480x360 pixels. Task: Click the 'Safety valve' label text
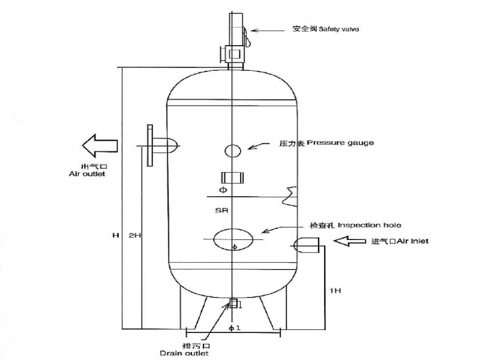pyautogui.click(x=326, y=28)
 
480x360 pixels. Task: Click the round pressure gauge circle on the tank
pyautogui.click(x=233, y=150)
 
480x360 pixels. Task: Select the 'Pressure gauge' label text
pyautogui.click(x=327, y=143)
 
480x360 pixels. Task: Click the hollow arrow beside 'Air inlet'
pyautogui.click(x=349, y=241)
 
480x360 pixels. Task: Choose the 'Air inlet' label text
pyautogui.click(x=400, y=241)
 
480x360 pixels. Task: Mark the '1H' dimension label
pyautogui.click(x=335, y=290)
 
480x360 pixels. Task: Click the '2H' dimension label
pyautogui.click(x=134, y=235)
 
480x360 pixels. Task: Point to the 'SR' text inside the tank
pyautogui.click(x=221, y=211)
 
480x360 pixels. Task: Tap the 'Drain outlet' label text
pyautogui.click(x=184, y=353)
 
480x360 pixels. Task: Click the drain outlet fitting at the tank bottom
pyautogui.click(x=233, y=304)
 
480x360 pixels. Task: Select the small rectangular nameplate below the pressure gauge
pyautogui.click(x=231, y=178)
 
